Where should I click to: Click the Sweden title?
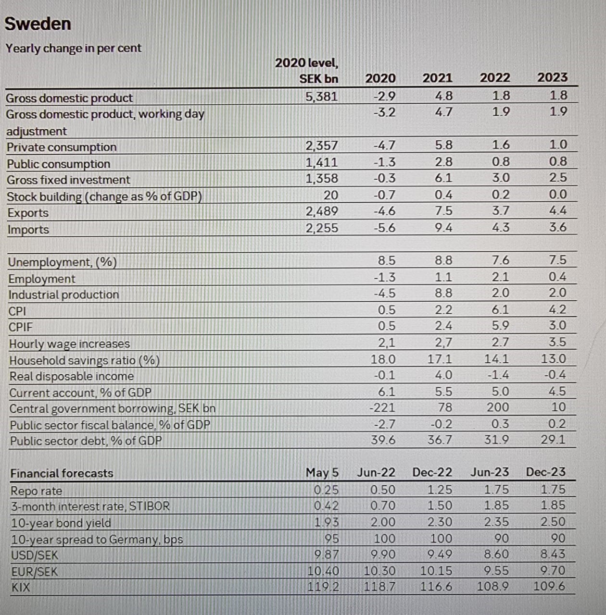(x=38, y=24)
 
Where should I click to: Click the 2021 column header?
(x=437, y=78)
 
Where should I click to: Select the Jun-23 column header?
(x=489, y=472)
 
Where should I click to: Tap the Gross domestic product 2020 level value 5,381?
(x=322, y=97)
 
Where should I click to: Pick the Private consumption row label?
(x=62, y=147)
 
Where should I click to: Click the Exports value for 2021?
(x=443, y=211)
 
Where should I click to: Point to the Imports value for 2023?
(x=558, y=227)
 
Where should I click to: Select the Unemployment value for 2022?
(x=500, y=260)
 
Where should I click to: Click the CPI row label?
(x=17, y=311)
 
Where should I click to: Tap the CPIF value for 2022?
(x=500, y=326)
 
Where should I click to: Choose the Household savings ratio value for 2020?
(x=383, y=359)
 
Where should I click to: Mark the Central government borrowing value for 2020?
(x=382, y=407)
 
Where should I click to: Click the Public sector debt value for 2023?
(x=553, y=440)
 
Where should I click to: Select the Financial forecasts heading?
(x=62, y=473)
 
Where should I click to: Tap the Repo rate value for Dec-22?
(x=440, y=490)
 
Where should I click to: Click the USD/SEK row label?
(x=34, y=555)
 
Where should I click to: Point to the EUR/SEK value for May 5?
(x=323, y=571)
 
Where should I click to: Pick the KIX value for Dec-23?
(x=549, y=586)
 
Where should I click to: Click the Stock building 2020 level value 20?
(x=330, y=195)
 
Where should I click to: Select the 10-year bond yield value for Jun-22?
(x=383, y=522)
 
